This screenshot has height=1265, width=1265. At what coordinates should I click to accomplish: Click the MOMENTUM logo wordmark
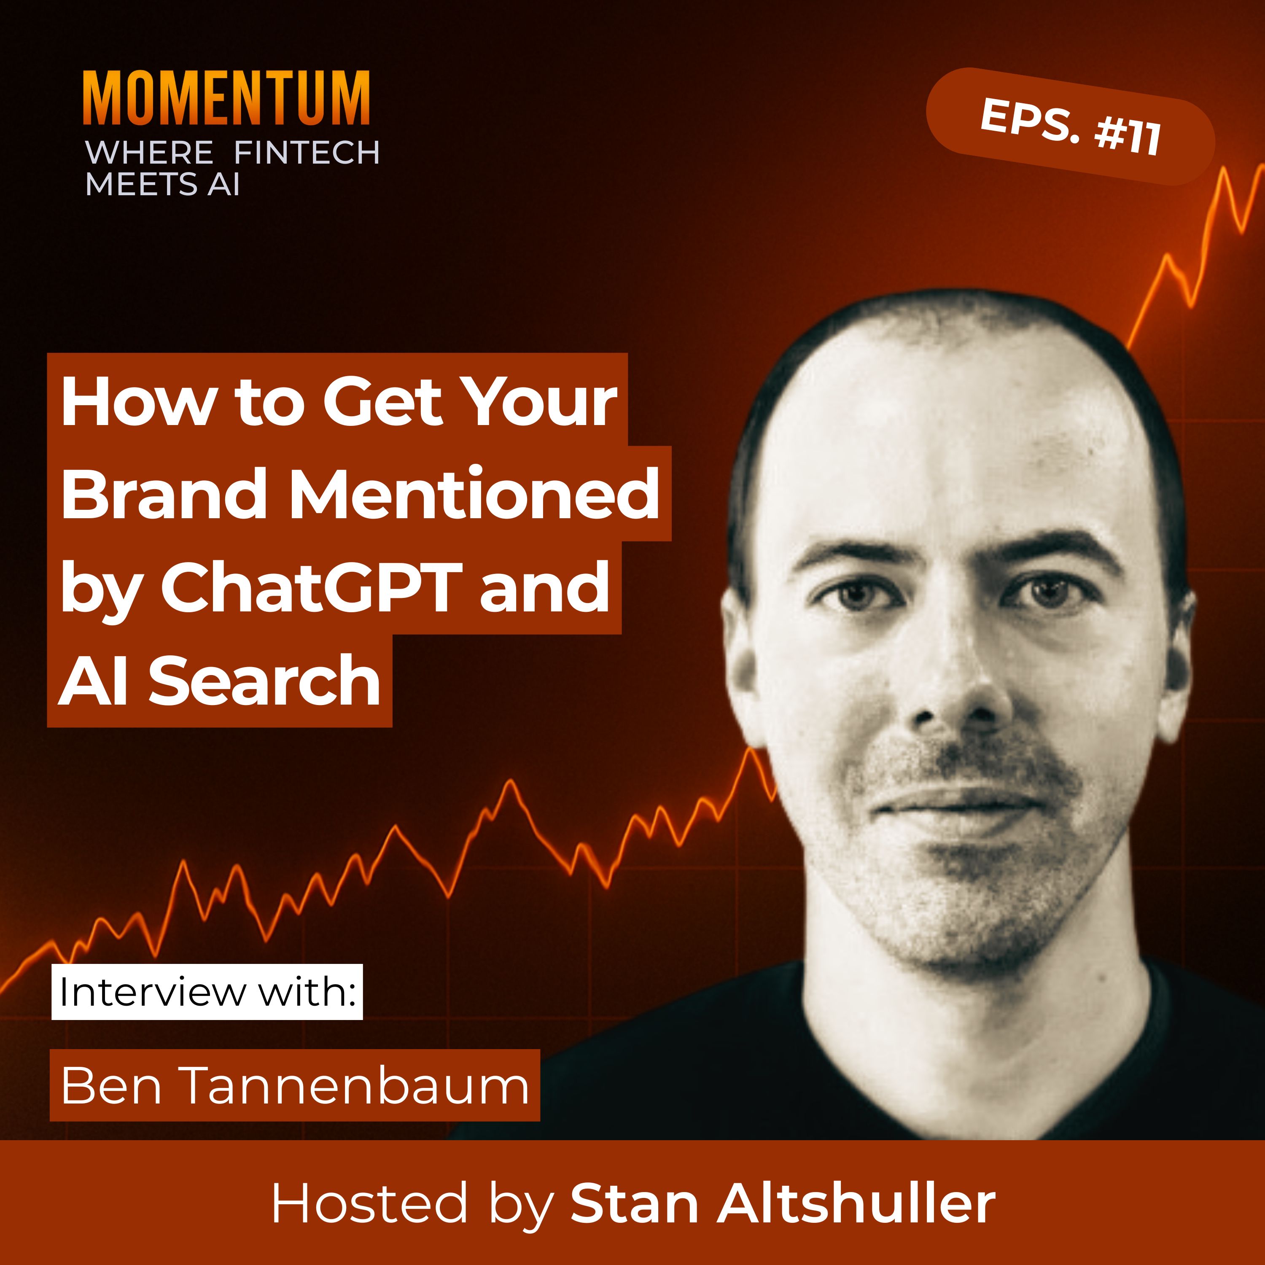coord(226,98)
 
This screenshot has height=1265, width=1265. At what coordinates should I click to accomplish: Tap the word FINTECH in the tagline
coord(307,153)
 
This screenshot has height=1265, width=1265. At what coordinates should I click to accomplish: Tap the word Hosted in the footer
coord(369,1203)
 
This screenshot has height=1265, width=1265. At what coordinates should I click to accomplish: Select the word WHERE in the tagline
coord(149,153)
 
